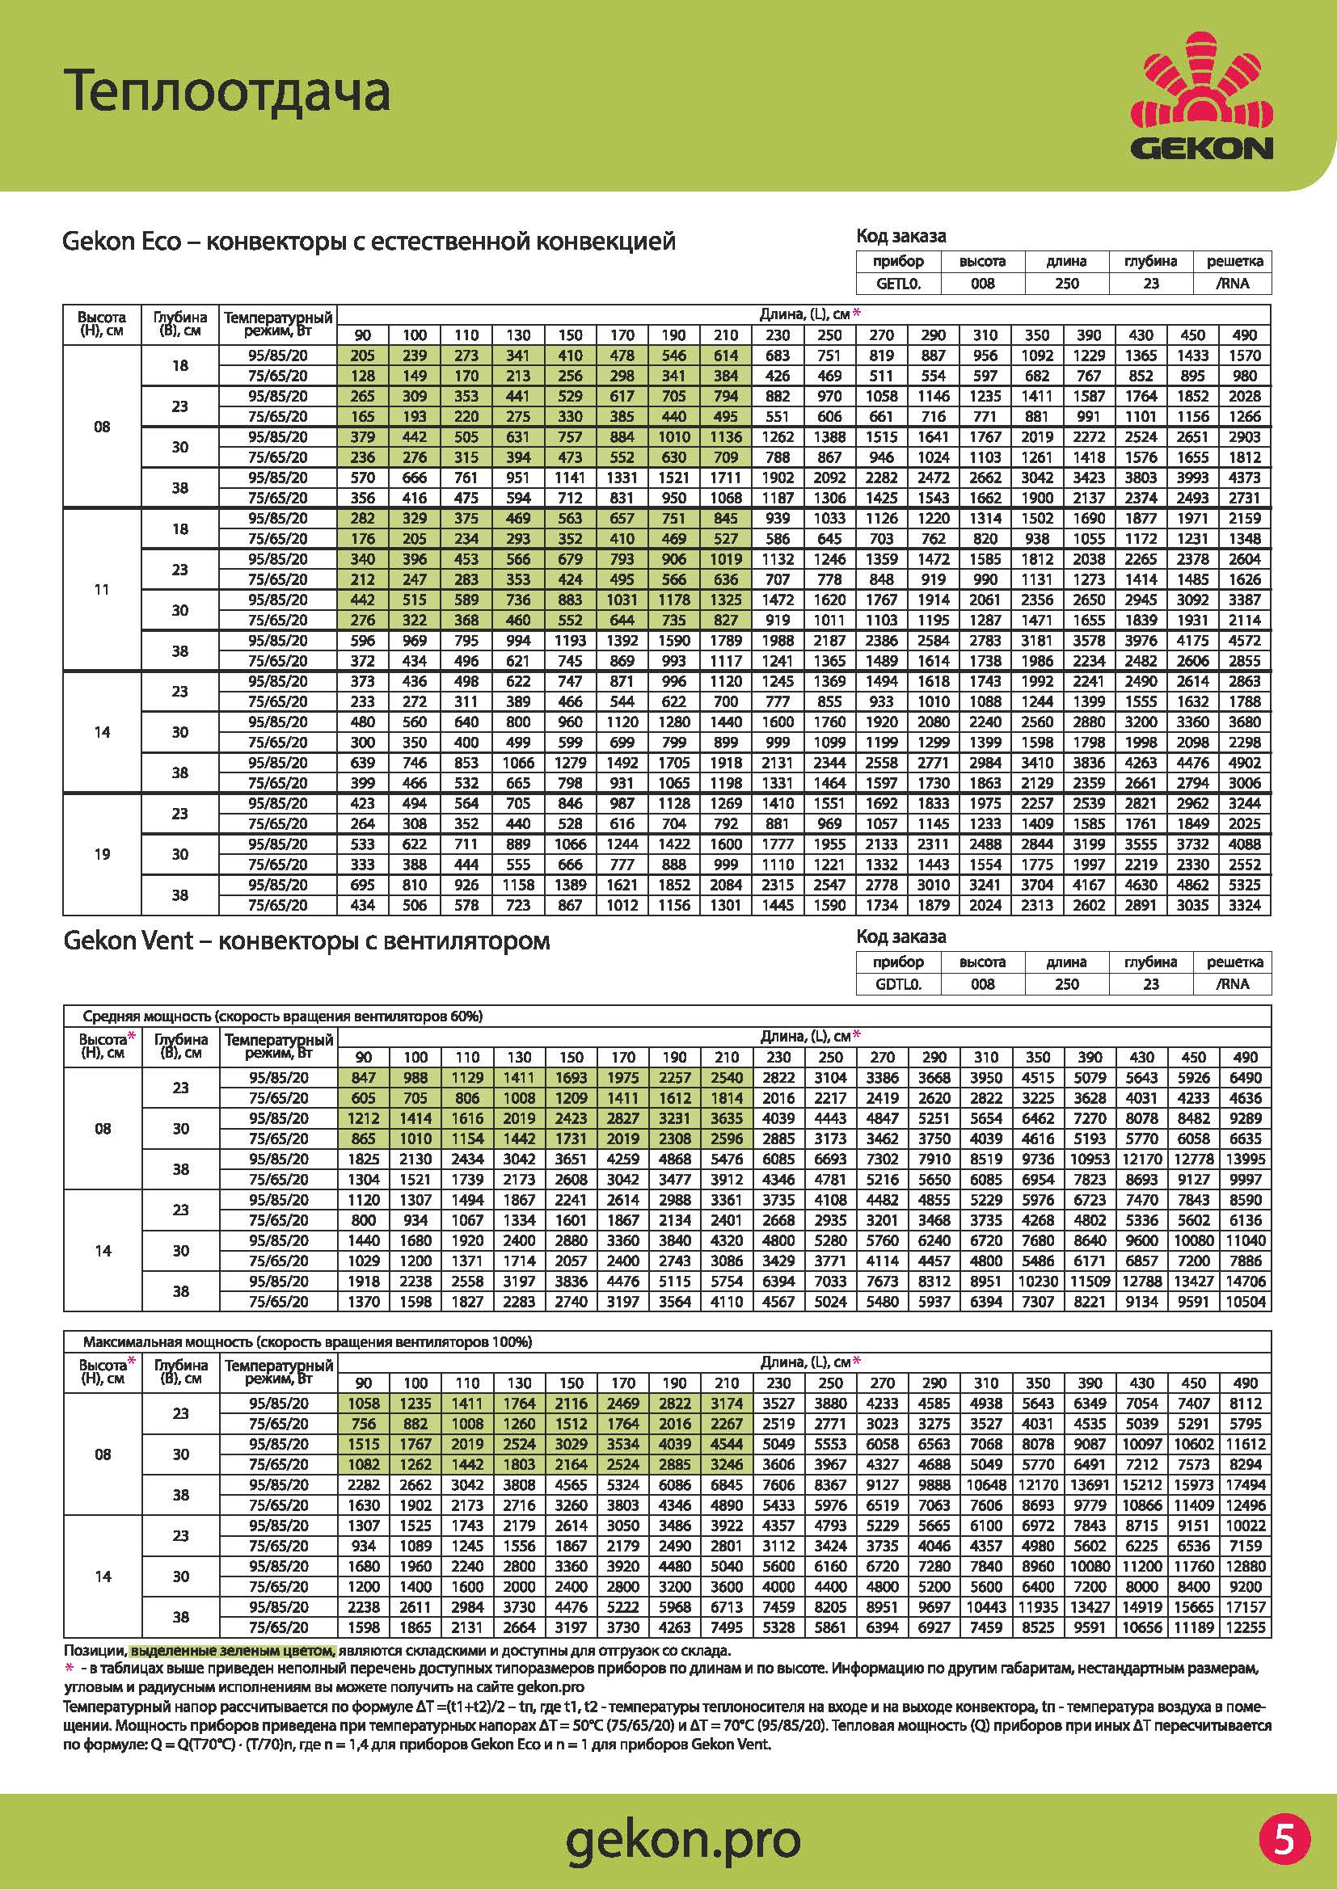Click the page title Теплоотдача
(227, 91)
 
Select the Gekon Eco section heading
(369, 242)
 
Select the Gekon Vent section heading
(306, 941)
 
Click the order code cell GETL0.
(898, 283)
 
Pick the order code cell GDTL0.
(898, 983)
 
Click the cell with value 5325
(1244, 885)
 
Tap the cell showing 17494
(1245, 1485)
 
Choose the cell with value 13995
(1245, 1159)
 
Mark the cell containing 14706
(1245, 1281)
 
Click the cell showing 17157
(1245, 1607)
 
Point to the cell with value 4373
(1244, 478)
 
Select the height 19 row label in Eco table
(102, 854)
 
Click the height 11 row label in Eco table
(102, 589)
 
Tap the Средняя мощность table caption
(282, 1016)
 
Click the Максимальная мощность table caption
(307, 1342)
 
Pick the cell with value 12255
(1245, 1627)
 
